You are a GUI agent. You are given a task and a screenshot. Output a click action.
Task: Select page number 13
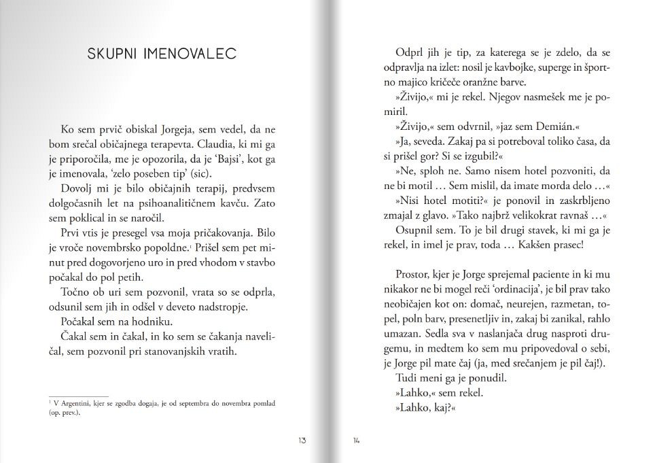pos(301,441)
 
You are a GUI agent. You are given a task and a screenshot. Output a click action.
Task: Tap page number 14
pos(355,441)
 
